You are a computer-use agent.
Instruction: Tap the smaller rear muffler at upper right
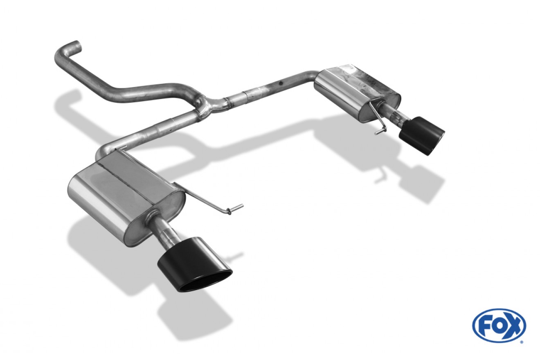(357, 93)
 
